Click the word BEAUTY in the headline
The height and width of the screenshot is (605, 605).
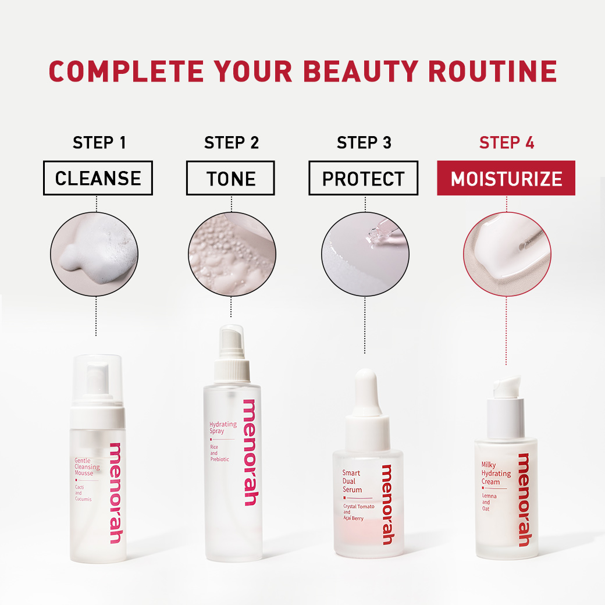360,72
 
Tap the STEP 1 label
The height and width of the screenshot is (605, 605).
99,143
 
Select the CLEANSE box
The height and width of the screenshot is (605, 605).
98,178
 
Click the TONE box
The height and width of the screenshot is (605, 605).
230,178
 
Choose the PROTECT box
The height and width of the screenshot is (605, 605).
363,178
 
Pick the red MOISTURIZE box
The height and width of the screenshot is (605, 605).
506,178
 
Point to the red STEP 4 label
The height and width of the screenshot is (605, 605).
507,143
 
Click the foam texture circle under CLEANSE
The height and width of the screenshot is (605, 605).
94,254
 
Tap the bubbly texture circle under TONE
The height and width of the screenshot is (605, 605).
232,254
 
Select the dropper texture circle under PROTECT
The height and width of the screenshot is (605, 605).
365,254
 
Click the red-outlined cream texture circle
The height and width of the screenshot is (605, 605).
507,254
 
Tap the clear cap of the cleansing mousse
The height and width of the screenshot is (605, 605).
97,380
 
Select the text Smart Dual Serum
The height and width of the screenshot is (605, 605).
352,481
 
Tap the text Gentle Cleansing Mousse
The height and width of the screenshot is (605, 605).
87,467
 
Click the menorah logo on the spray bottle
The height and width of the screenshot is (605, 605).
250,452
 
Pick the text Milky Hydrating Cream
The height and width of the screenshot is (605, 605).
496,473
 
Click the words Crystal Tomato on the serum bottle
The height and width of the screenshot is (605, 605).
359,506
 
